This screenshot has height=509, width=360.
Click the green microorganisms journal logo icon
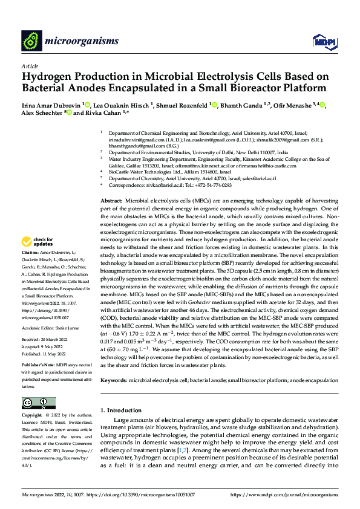(x=31, y=41)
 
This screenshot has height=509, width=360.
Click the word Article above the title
(x=30, y=66)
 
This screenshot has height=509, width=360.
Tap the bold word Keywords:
(x=113, y=363)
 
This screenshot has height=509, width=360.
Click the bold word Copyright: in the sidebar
(x=33, y=416)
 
